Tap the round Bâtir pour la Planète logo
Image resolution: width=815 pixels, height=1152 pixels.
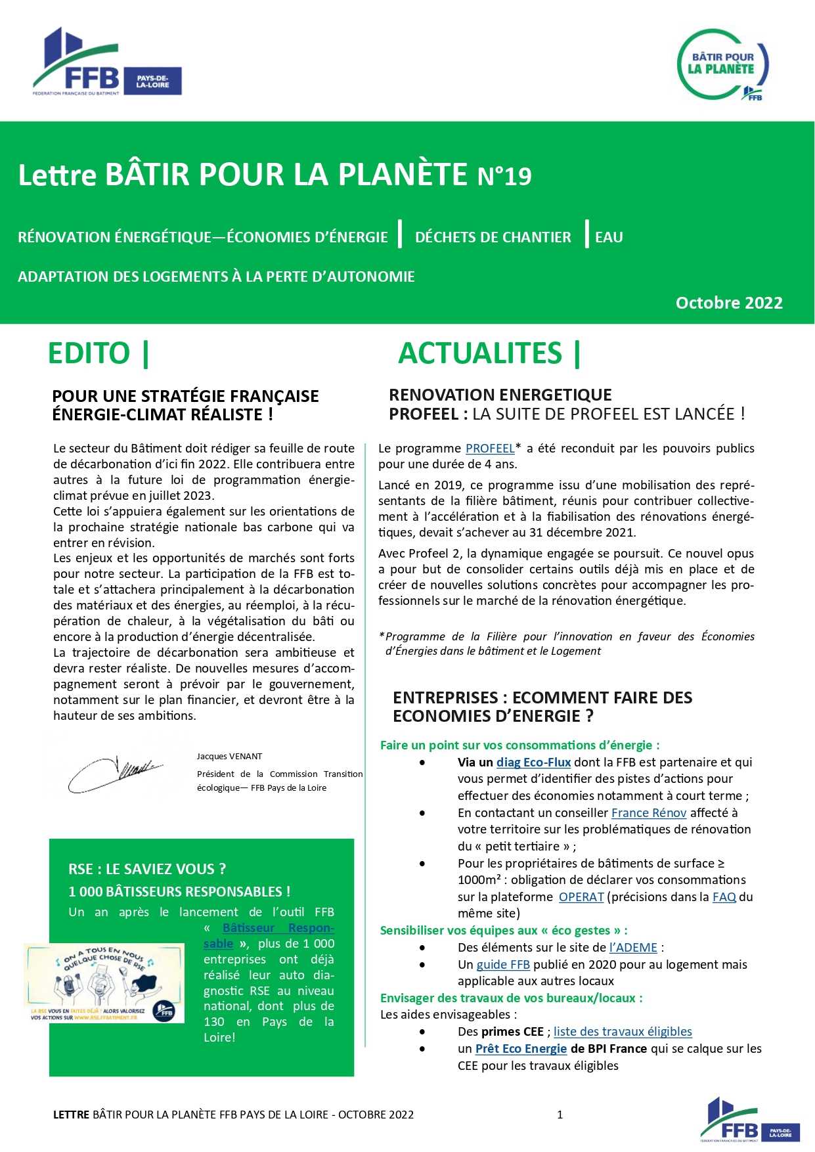pyautogui.click(x=723, y=64)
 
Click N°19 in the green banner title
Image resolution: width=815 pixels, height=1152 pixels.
pyautogui.click(x=504, y=176)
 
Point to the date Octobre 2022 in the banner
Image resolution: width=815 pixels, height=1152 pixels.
pyautogui.click(x=729, y=303)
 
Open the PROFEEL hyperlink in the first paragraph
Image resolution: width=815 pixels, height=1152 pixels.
pyautogui.click(x=490, y=449)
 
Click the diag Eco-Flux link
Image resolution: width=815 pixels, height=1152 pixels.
pyautogui.click(x=533, y=763)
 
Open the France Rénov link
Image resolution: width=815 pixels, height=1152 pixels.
pyautogui.click(x=648, y=813)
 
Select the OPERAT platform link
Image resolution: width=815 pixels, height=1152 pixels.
pyautogui.click(x=581, y=897)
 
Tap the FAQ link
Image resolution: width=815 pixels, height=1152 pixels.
pyautogui.click(x=724, y=897)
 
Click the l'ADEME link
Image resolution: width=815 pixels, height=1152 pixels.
pyautogui.click(x=633, y=948)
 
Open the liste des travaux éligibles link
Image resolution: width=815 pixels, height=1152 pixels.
pyautogui.click(x=623, y=1032)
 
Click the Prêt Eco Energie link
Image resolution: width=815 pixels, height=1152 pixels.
pyautogui.click(x=521, y=1049)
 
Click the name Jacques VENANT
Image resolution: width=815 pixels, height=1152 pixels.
pyautogui.click(x=229, y=757)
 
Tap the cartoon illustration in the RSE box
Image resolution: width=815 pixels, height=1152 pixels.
pyautogui.click(x=104, y=983)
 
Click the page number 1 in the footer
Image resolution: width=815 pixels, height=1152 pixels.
pyautogui.click(x=560, y=1115)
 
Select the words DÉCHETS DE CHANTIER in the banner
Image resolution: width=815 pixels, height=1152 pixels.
pyautogui.click(x=493, y=238)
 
